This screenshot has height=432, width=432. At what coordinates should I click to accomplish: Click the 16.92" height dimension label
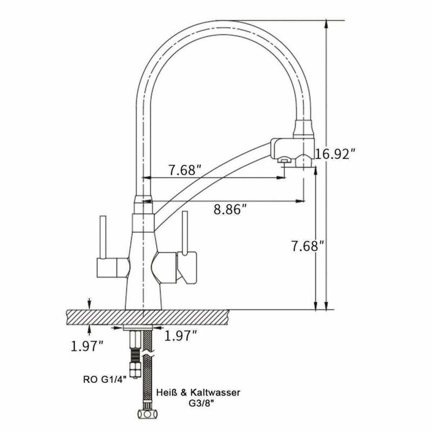(x=335, y=153)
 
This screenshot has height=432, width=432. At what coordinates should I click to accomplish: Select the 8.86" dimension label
(x=229, y=208)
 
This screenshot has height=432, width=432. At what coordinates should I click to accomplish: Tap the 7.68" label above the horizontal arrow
(x=185, y=170)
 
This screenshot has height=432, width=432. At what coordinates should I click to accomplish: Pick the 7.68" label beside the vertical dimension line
(x=306, y=246)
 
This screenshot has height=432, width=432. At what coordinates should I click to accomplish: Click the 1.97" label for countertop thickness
(x=87, y=346)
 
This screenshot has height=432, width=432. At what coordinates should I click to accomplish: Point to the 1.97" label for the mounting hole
(x=180, y=335)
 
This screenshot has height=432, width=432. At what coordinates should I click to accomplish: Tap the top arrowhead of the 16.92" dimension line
(x=326, y=25)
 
